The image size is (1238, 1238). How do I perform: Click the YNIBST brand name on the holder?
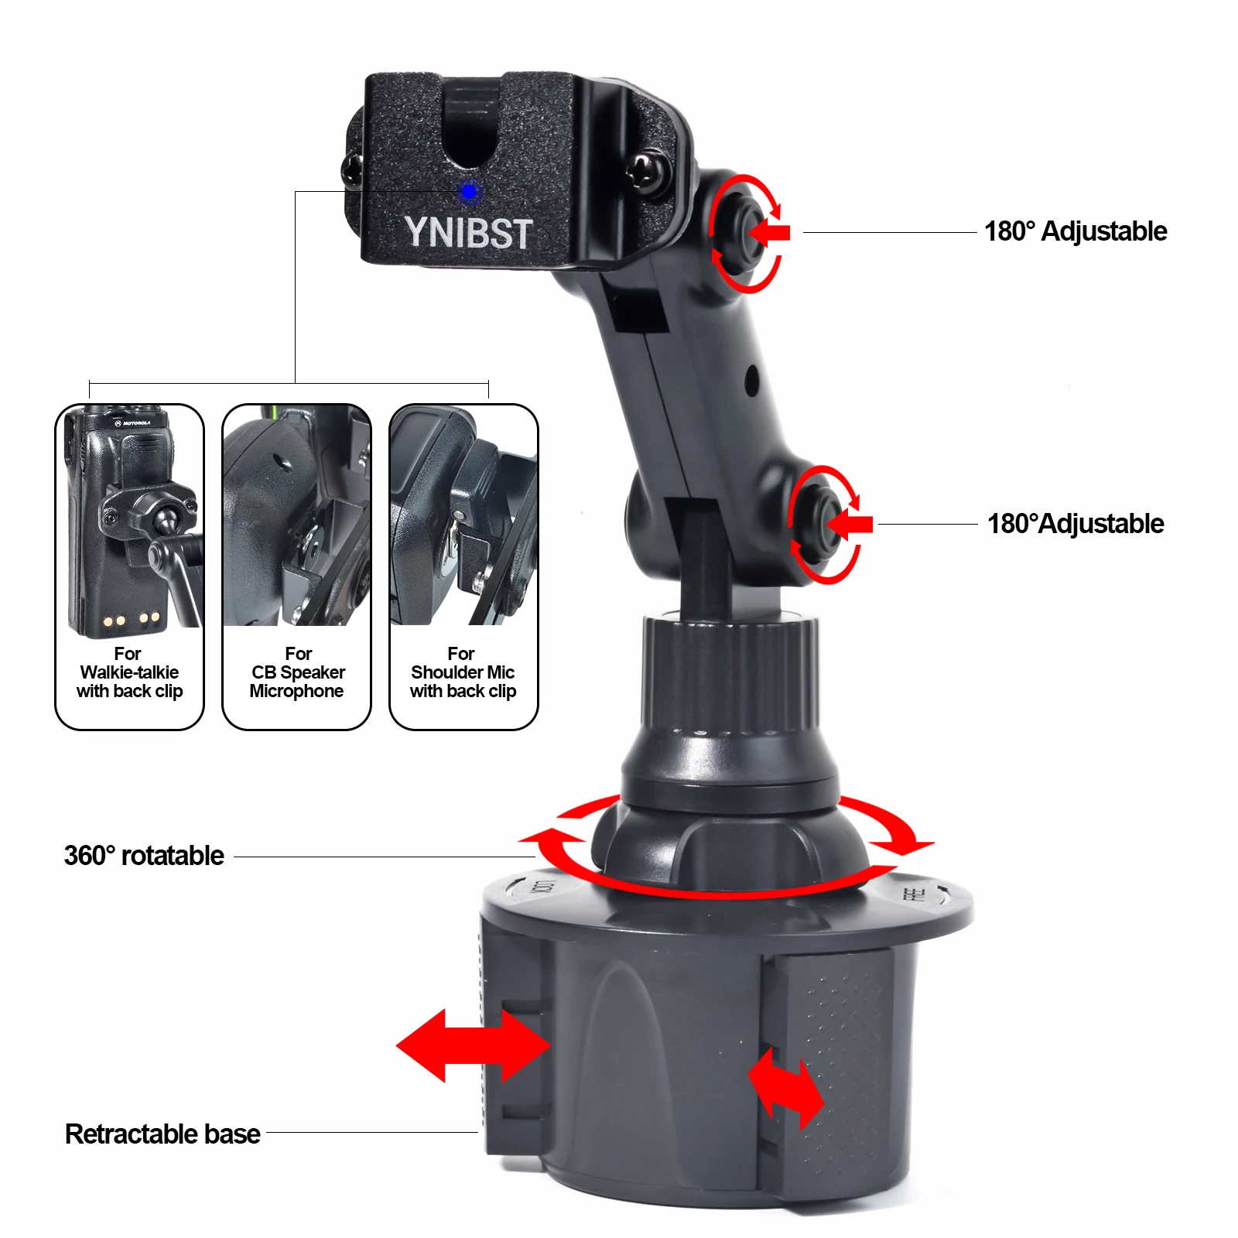click(x=468, y=232)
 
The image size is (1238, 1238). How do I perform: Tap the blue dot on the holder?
click(x=468, y=191)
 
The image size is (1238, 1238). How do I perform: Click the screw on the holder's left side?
click(x=353, y=169)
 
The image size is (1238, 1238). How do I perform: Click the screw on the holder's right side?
click(x=645, y=173)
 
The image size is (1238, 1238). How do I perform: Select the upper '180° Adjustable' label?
click(x=1075, y=231)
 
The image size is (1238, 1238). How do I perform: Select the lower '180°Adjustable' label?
click(x=1075, y=524)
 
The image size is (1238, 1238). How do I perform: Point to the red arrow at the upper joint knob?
click(x=770, y=231)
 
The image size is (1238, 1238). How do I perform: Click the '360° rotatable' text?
click(x=144, y=856)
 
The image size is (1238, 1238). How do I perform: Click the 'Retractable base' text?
click(x=162, y=1134)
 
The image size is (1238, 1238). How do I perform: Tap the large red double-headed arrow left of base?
click(x=473, y=1045)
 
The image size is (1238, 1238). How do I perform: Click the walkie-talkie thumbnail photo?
click(x=130, y=518)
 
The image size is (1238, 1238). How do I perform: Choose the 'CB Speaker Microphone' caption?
click(x=297, y=672)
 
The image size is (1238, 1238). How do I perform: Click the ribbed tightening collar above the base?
click(x=729, y=673)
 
